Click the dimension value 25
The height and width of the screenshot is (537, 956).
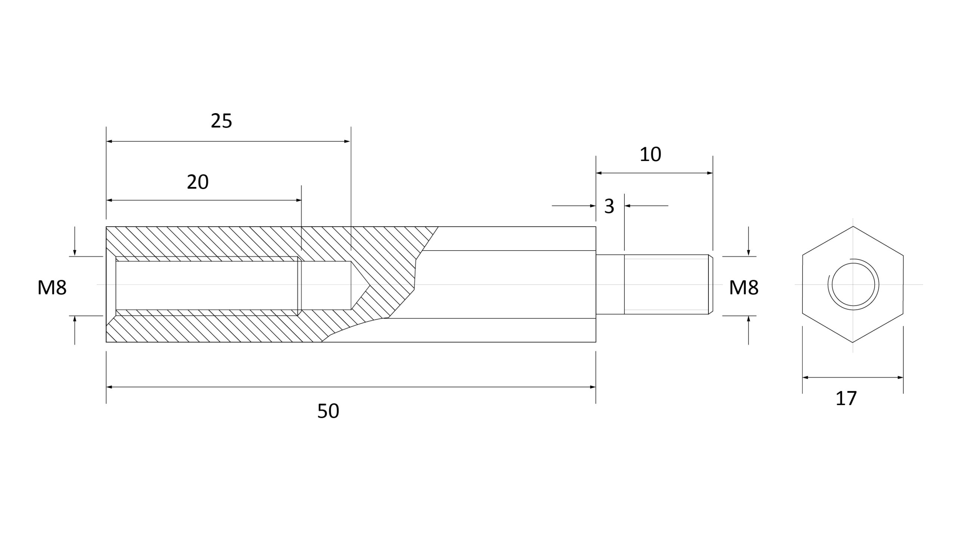221,121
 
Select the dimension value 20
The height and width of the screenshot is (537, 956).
198,182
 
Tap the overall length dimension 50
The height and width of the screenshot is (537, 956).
328,411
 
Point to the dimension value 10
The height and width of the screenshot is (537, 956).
651,155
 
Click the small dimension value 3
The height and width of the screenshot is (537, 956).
609,207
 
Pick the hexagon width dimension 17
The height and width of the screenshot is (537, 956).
846,398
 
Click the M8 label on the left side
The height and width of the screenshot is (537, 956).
52,288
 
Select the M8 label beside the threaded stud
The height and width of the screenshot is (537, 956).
744,288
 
